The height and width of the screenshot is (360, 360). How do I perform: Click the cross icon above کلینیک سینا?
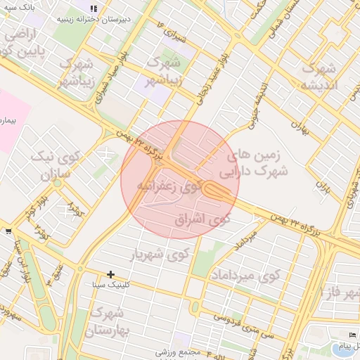(x=110, y=274)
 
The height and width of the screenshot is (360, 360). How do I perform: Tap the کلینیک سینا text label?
(x=109, y=285)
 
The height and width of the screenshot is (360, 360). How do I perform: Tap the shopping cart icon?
(x=7, y=230)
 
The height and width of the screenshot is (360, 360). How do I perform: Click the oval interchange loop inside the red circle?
(x=216, y=191)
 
